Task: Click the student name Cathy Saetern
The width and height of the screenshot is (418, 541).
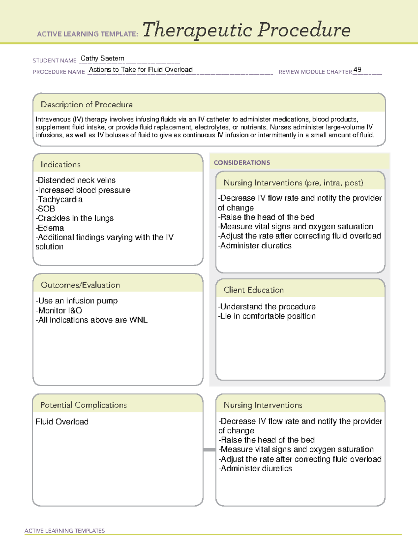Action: click(x=102, y=59)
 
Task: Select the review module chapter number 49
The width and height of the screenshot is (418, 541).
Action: click(x=357, y=70)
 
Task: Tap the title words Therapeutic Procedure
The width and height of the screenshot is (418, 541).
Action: click(x=246, y=30)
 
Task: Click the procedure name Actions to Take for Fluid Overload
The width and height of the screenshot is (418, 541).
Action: click(x=141, y=70)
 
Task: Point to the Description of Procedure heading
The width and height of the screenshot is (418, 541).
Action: click(x=86, y=105)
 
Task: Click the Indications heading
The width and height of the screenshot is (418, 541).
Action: click(x=60, y=164)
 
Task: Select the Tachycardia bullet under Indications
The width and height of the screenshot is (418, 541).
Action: click(x=59, y=200)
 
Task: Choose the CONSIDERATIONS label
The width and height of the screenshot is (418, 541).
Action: click(x=242, y=163)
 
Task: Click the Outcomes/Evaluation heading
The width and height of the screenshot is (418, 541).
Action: click(x=80, y=285)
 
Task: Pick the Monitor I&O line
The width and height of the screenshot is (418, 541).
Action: click(x=59, y=311)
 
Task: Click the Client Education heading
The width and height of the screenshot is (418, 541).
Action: click(x=254, y=290)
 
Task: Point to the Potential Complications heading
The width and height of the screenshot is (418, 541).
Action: click(x=83, y=405)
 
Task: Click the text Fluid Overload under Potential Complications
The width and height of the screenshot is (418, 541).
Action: click(x=62, y=422)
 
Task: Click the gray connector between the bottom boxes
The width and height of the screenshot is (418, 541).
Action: click(x=209, y=450)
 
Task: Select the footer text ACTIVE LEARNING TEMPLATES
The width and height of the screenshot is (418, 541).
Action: click(x=65, y=531)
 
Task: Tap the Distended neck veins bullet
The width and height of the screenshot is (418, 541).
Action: click(x=76, y=180)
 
